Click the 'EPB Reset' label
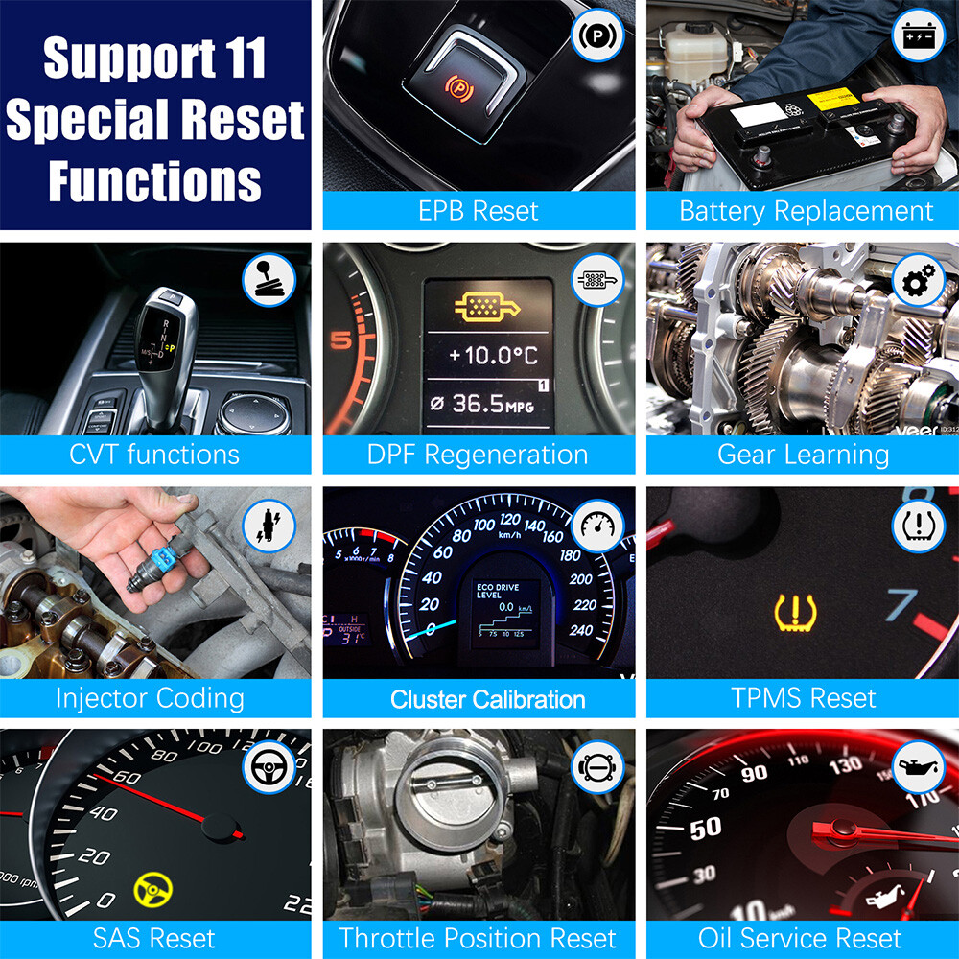(479, 211)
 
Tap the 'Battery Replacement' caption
(806, 211)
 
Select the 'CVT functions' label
(154, 454)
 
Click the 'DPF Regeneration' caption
(478, 454)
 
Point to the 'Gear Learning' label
(804, 454)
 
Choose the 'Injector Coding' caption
(150, 697)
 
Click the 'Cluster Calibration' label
(487, 699)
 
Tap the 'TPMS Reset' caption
(804, 697)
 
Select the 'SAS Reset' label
(154, 937)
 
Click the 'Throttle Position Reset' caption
(478, 937)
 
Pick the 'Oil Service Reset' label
(800, 937)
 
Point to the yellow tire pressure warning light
(794, 611)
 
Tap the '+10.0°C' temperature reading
(493, 356)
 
